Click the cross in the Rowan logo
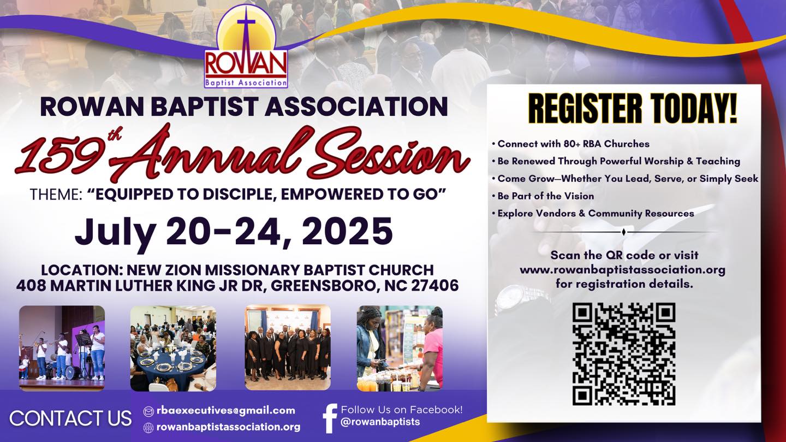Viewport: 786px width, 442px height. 247,33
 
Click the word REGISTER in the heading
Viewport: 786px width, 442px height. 585,108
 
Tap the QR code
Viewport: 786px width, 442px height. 624,354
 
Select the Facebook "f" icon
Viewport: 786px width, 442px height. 330,418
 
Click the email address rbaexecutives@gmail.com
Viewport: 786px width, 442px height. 226,410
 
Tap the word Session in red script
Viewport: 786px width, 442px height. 388,154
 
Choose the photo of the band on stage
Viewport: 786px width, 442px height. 62,348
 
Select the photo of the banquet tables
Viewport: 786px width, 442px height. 174,348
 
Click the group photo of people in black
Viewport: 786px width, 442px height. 288,347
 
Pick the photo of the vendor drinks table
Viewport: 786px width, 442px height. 400,348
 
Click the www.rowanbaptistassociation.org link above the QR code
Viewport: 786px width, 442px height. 622,270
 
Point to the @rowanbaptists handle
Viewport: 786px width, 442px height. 380,422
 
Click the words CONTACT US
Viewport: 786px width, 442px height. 70,419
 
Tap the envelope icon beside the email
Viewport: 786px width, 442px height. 149,411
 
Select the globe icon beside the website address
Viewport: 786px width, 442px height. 149,427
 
